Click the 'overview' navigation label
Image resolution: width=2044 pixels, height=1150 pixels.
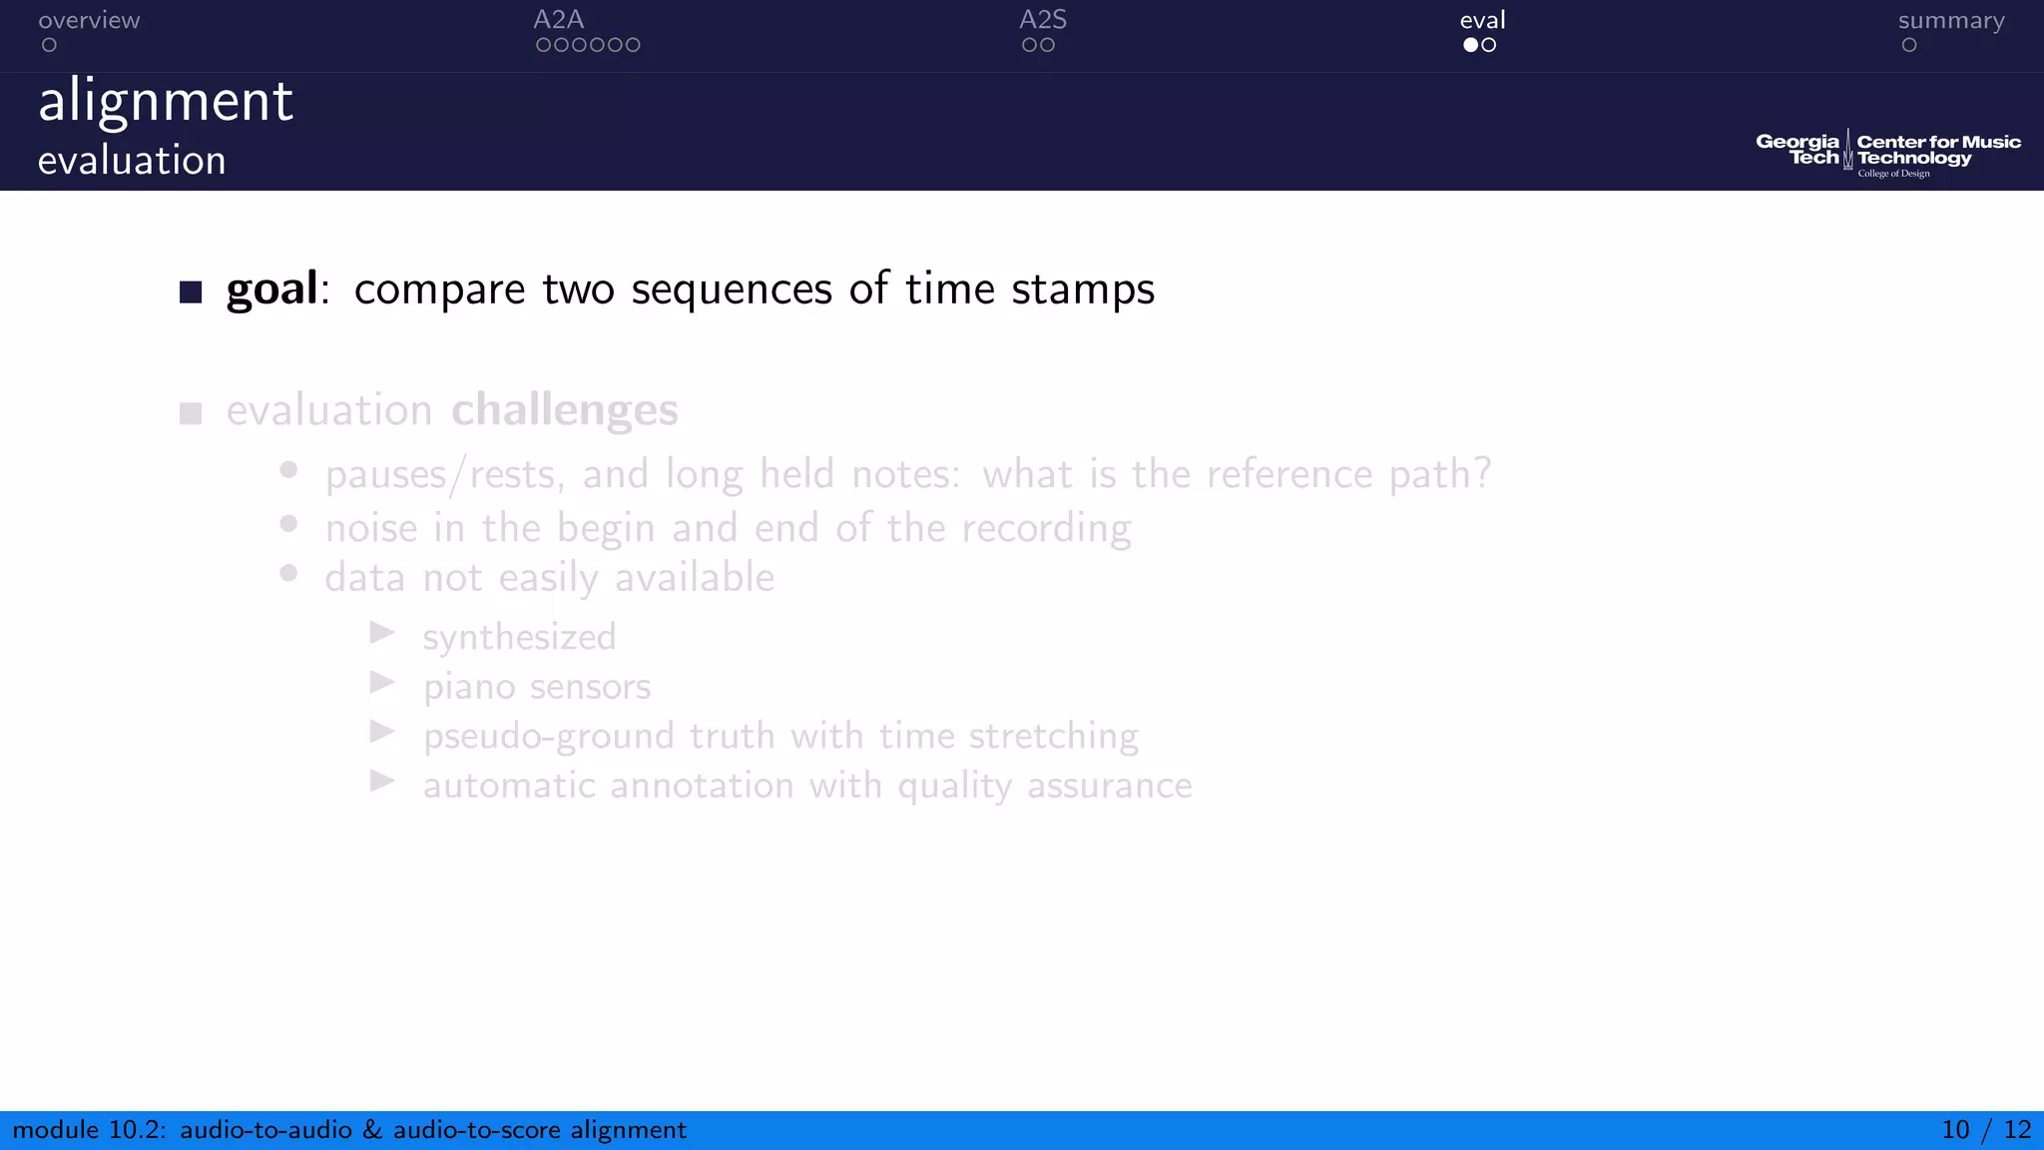coord(89,20)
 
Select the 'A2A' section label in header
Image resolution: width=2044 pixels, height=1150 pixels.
coord(558,20)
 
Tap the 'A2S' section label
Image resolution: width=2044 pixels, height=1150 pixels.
coord(1042,20)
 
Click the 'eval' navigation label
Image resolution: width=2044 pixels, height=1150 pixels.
coord(1482,20)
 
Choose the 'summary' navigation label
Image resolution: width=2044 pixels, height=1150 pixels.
coord(1950,20)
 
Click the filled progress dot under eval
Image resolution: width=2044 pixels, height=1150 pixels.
coord(1470,45)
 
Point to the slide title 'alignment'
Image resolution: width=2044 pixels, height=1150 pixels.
coord(166,102)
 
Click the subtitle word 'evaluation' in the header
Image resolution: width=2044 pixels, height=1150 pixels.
coord(132,161)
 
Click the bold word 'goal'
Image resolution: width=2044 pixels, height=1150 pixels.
coord(271,289)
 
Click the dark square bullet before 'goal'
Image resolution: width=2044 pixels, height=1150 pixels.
coord(191,291)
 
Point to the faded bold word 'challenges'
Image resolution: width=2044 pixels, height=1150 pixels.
coord(564,410)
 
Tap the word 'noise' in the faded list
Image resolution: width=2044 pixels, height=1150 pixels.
coord(371,528)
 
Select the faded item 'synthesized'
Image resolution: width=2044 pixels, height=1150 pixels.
coord(519,637)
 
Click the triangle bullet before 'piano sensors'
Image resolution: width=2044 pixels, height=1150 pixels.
coord(382,683)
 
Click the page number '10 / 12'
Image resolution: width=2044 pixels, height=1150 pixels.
coord(1985,1130)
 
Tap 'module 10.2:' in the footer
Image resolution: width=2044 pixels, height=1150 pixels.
coord(89,1130)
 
